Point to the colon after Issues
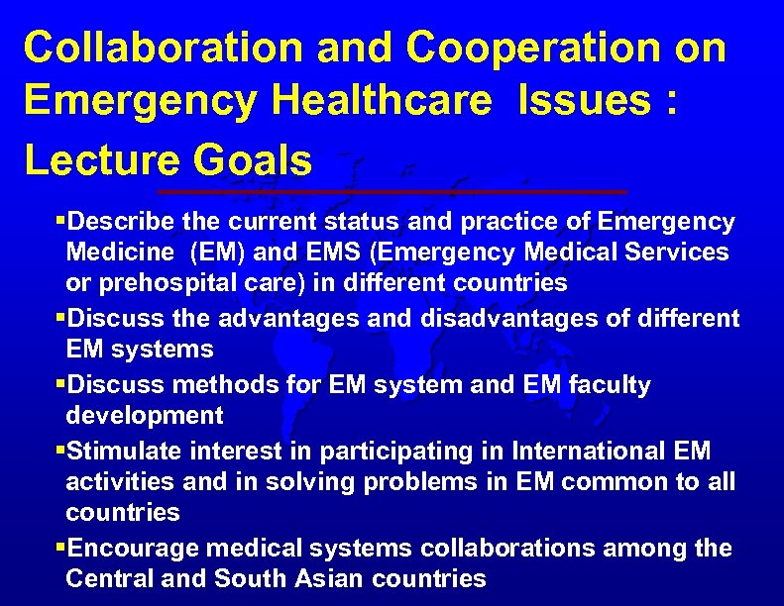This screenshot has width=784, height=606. (x=673, y=101)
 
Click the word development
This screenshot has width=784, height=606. (x=145, y=416)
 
